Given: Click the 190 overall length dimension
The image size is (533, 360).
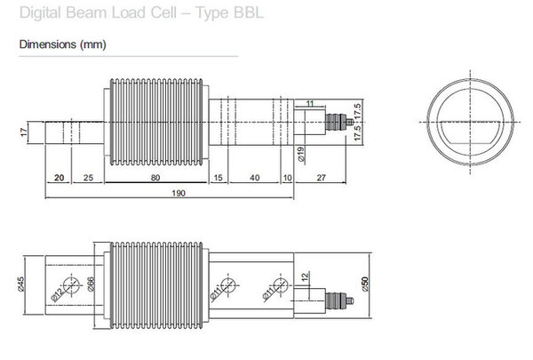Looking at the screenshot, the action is pyautogui.click(x=179, y=193).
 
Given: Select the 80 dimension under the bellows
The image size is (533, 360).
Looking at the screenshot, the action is pyautogui.click(x=155, y=178).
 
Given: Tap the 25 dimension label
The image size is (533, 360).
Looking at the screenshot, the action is pyautogui.click(x=88, y=178).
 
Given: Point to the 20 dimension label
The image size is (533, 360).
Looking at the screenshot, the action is pyautogui.click(x=60, y=178).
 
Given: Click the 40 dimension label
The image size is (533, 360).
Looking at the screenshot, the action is pyautogui.click(x=255, y=178).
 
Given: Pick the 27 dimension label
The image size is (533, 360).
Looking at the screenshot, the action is pyautogui.click(x=322, y=178).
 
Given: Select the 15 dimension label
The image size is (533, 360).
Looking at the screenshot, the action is pyautogui.click(x=218, y=178).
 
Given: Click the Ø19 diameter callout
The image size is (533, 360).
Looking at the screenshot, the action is pyautogui.click(x=301, y=154).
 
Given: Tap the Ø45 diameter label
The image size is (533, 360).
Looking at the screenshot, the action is pyautogui.click(x=20, y=284).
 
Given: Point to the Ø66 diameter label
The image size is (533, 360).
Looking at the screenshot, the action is pyautogui.click(x=91, y=284).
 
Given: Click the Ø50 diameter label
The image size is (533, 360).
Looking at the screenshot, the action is pyautogui.click(x=365, y=284).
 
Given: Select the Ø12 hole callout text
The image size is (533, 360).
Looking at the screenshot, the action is pyautogui.click(x=57, y=295).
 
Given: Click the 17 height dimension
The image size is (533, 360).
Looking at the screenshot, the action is pyautogui.click(x=23, y=132).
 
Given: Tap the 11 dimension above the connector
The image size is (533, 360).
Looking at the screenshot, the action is pyautogui.click(x=310, y=103).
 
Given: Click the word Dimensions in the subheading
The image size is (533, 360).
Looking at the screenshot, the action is pyautogui.click(x=48, y=44).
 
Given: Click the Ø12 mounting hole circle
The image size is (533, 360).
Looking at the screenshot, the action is pyautogui.click(x=71, y=285).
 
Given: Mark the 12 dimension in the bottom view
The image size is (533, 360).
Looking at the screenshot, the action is pyautogui.click(x=306, y=276).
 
